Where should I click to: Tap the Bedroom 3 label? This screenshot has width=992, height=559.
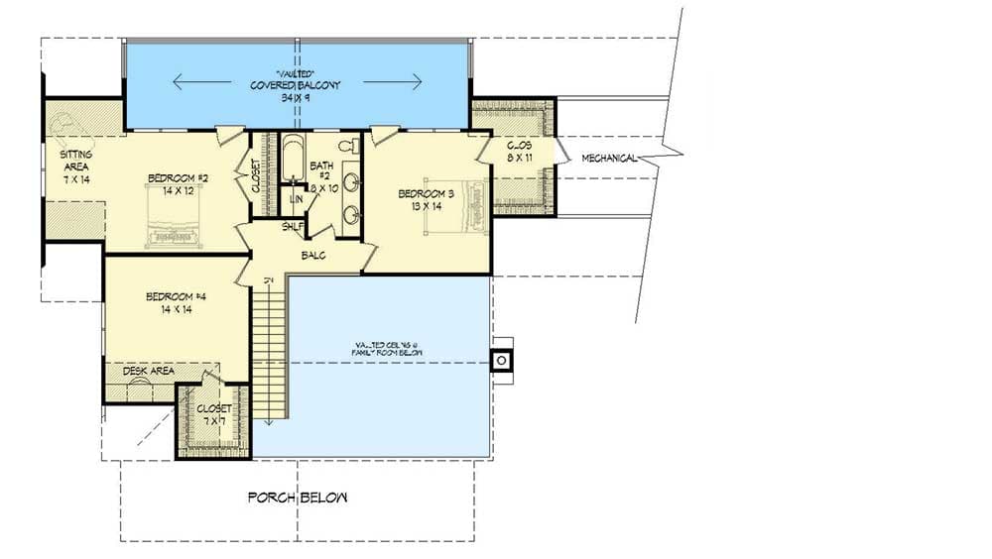tap(426, 193)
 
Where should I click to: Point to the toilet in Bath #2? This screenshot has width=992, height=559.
tap(347, 147)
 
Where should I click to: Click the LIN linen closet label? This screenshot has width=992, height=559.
tap(296, 199)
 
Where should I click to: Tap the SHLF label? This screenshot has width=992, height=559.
tap(293, 227)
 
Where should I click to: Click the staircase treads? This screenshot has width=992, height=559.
tap(268, 347)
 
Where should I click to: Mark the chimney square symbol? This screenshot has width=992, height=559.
tap(502, 360)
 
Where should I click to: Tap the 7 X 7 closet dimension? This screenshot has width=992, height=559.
tap(213, 421)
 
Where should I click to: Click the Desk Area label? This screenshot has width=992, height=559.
tap(149, 371)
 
